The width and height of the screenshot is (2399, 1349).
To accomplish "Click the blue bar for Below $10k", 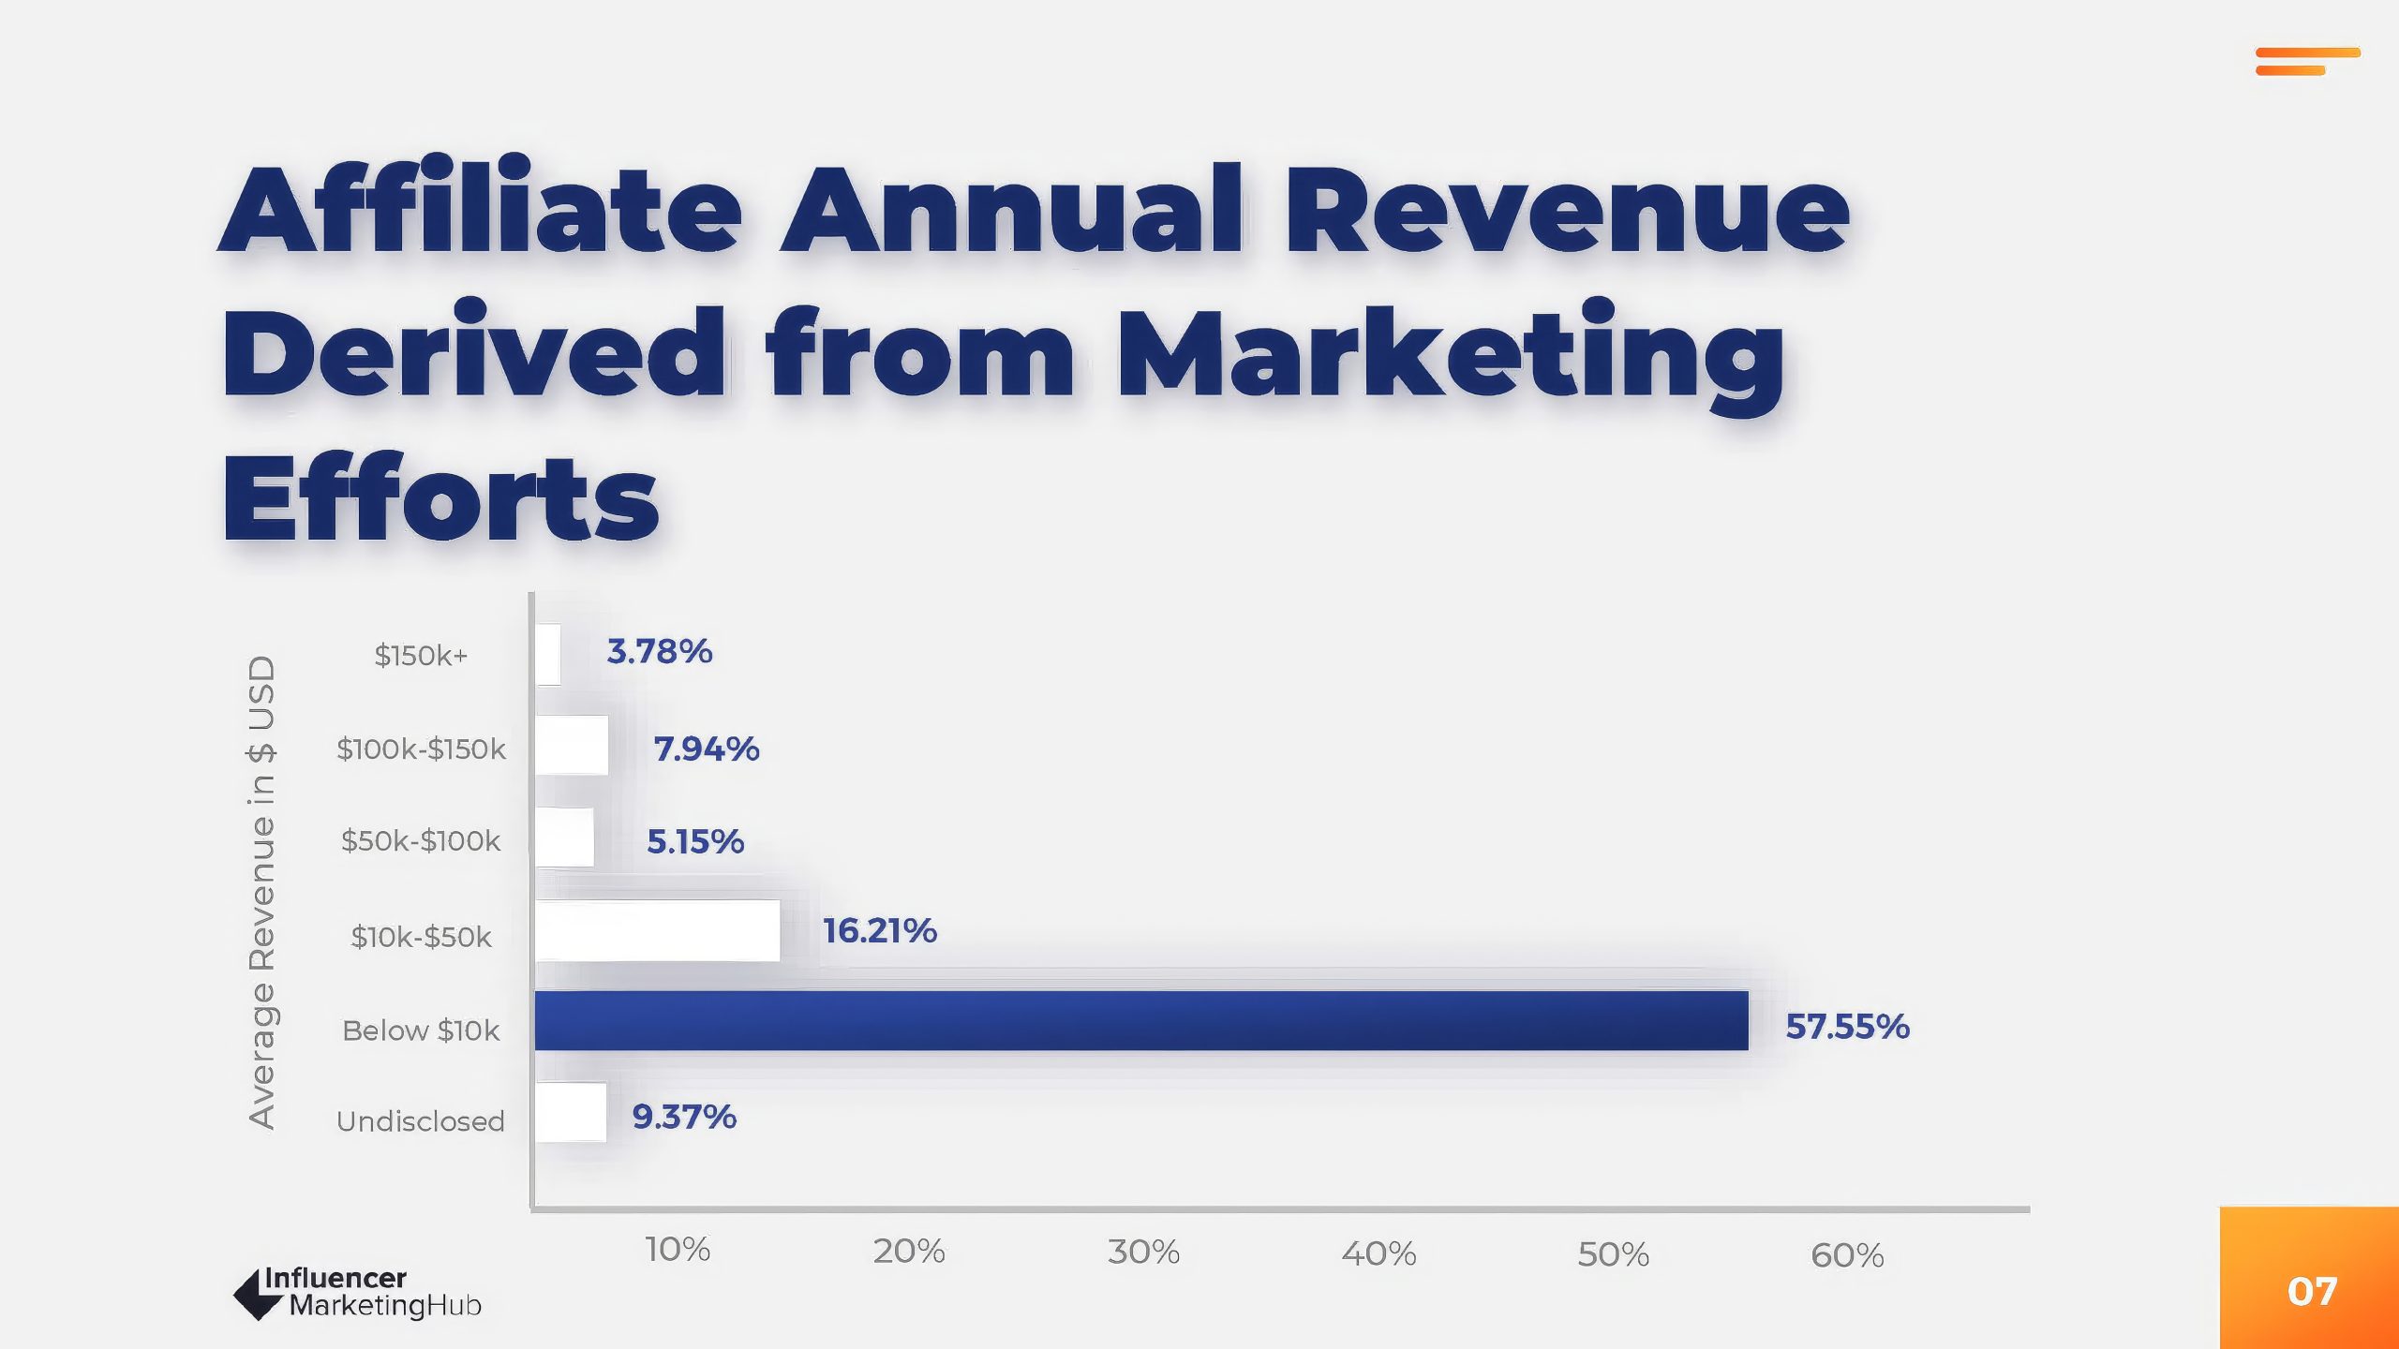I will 1141,1021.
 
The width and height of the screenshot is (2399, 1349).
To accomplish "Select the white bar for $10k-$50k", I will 658,930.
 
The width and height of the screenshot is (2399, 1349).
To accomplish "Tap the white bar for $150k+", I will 549,654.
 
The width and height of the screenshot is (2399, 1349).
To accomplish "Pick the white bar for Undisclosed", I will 571,1113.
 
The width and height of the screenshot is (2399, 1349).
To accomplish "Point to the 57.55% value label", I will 1847,1027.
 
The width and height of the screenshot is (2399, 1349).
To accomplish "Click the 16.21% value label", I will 880,931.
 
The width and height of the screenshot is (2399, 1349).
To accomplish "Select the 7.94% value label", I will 707,749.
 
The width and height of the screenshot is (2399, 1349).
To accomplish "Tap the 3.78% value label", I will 660,652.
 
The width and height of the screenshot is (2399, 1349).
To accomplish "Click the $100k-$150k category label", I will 421,749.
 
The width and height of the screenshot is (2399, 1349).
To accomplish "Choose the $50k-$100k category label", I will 421,841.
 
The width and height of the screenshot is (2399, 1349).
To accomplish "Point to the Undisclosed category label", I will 421,1121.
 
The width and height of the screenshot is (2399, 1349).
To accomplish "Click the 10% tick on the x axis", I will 678,1250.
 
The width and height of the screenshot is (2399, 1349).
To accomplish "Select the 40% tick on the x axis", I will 1378,1253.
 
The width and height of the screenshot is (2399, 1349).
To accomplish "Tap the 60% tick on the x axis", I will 1847,1255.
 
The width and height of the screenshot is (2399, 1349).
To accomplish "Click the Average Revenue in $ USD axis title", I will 262,892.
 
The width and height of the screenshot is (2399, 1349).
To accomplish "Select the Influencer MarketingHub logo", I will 358,1293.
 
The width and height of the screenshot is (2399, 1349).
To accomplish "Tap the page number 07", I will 2312,1292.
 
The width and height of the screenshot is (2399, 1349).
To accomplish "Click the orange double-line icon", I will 2307,61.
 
